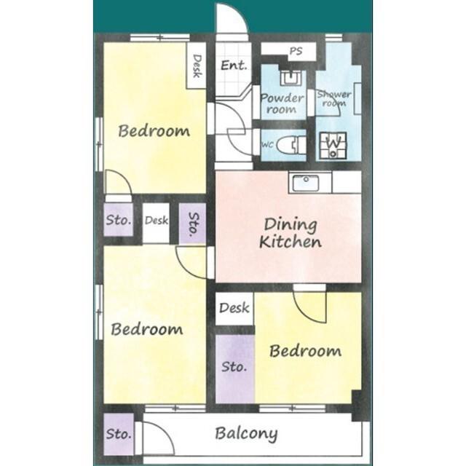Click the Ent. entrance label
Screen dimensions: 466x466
point(234,65)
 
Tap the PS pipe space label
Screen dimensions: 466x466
point(296,51)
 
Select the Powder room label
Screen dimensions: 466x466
point(282,103)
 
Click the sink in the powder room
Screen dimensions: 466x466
point(291,78)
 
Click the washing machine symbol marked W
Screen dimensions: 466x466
point(333,145)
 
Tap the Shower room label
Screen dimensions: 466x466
point(334,99)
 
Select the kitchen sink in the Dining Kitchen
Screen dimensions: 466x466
point(306,183)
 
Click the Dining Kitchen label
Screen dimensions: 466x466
point(291,233)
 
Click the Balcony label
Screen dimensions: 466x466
point(246,434)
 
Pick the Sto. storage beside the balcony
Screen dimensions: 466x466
point(119,434)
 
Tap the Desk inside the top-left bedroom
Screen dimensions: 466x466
point(197,66)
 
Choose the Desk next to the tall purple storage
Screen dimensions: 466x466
point(234,308)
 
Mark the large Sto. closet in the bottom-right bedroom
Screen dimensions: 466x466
point(234,369)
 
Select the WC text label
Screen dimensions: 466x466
point(267,145)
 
